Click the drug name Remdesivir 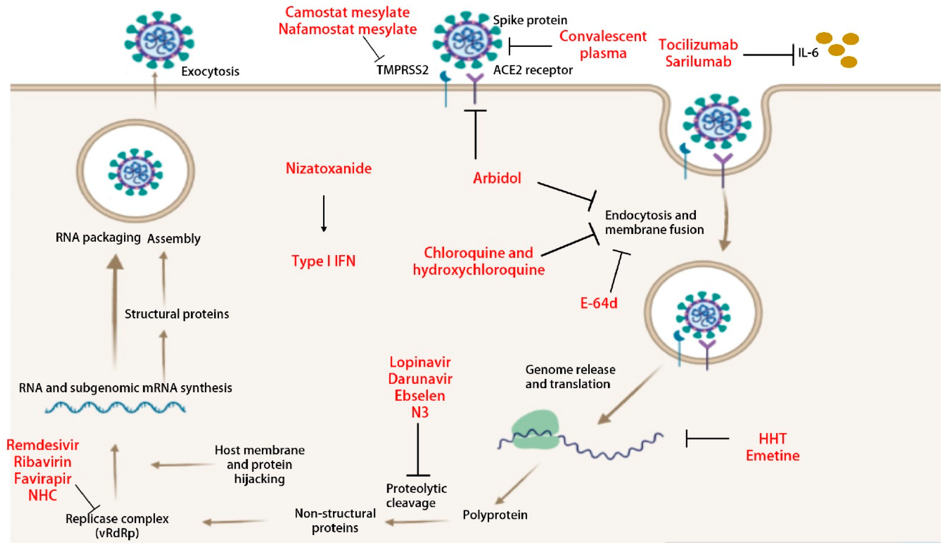tap(43, 445)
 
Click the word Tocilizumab tap(698, 45)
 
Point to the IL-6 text tap(808, 53)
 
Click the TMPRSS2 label tap(402, 70)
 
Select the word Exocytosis tap(210, 71)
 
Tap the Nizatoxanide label tap(328, 168)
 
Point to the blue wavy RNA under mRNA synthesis tap(115, 408)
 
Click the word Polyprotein tap(495, 515)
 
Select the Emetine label tap(773, 456)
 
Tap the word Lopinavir tap(420, 362)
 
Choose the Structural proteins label tap(177, 314)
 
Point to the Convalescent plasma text tap(603, 45)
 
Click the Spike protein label tap(530, 20)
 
